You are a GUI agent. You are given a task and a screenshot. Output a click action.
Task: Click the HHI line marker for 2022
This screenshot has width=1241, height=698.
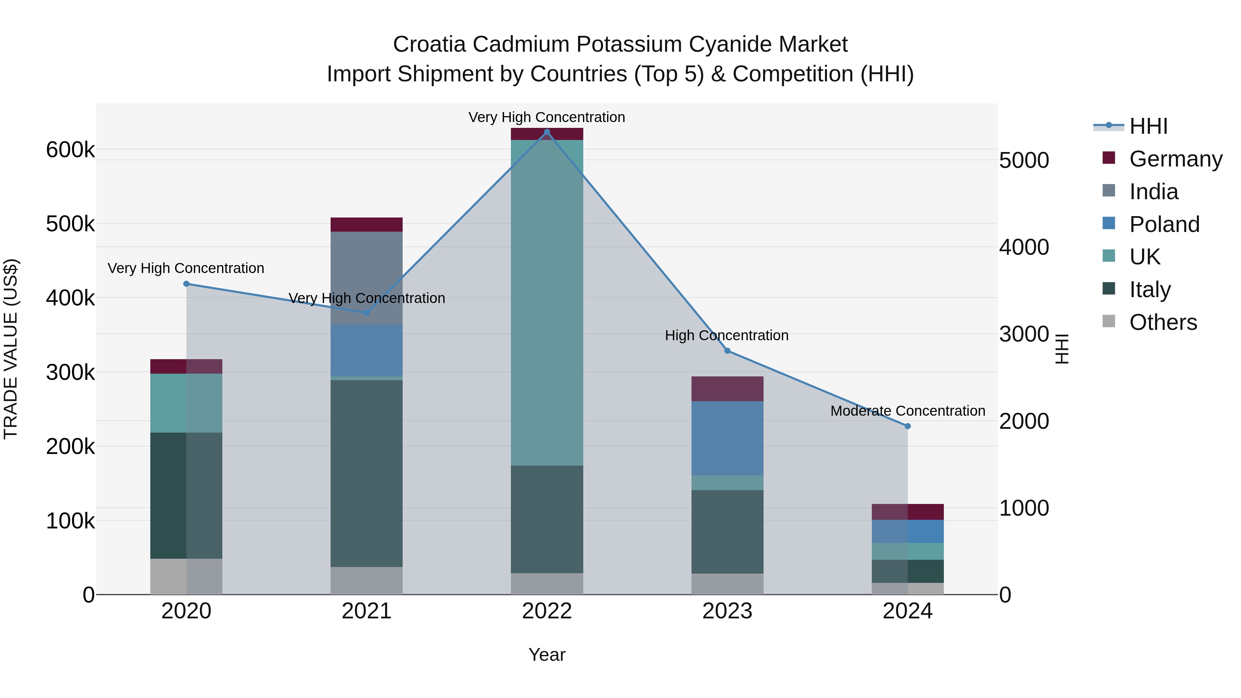547,132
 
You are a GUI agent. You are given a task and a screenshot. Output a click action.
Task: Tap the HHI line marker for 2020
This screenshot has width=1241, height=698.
186,284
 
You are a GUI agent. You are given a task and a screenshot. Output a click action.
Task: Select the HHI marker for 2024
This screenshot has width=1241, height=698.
908,426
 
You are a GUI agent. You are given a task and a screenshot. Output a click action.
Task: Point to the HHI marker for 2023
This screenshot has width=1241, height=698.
727,351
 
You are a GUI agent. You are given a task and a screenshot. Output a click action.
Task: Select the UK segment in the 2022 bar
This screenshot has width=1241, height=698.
547,303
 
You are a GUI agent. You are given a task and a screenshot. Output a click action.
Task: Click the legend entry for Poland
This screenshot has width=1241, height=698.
1164,224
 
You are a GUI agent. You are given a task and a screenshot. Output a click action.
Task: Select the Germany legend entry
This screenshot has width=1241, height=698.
1176,159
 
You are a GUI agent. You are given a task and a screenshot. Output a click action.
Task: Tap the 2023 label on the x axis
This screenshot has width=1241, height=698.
727,611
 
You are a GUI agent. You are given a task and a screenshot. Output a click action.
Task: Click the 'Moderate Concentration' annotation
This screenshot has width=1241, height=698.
908,411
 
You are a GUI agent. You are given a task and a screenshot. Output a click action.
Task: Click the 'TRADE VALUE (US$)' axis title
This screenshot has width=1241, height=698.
11,349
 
